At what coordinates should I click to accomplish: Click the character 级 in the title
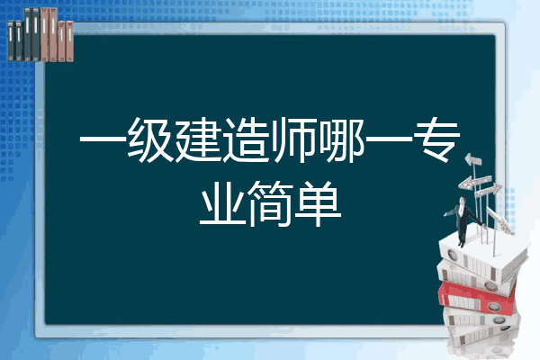click(150, 139)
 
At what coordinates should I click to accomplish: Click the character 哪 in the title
click(342, 139)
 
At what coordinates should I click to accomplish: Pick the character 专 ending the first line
click(437, 139)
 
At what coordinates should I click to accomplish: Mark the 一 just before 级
click(103, 139)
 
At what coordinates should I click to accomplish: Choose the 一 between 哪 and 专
click(389, 139)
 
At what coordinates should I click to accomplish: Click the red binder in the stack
click(477, 298)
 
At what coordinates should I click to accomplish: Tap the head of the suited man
click(463, 200)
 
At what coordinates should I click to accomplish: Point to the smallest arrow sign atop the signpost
click(472, 160)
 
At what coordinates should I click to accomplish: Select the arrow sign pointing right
click(488, 191)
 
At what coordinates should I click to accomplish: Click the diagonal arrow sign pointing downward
click(500, 220)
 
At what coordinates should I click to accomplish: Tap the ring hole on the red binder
click(492, 306)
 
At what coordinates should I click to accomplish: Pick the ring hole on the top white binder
click(452, 256)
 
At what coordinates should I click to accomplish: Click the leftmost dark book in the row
click(11, 41)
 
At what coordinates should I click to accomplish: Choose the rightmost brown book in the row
click(69, 41)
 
